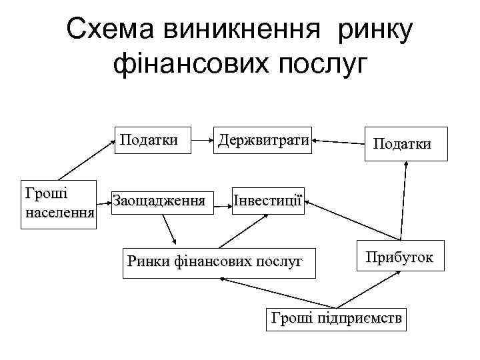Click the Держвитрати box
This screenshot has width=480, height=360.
point(264,141)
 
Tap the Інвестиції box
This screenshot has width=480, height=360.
point(268,201)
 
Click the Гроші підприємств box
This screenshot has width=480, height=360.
point(337,319)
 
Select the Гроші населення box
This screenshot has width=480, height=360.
point(59,207)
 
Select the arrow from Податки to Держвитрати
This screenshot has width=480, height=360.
point(338,141)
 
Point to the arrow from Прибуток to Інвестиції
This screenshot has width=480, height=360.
point(353,221)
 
